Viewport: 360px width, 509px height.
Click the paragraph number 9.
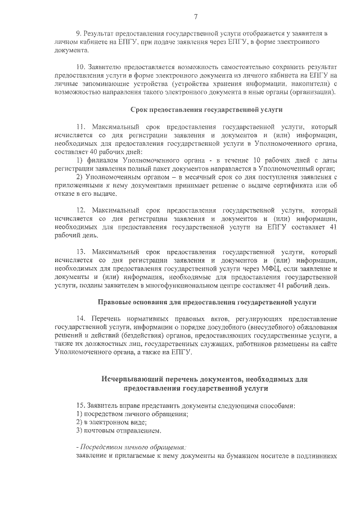[79, 34]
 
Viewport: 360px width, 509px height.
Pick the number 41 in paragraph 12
[332, 227]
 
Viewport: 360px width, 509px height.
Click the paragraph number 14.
[80, 319]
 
